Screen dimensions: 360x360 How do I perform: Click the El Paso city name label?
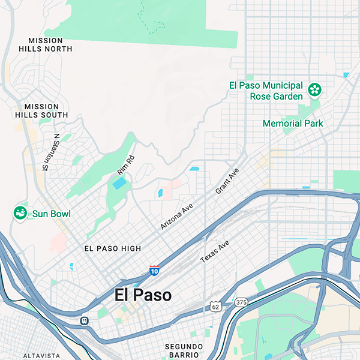click(143, 295)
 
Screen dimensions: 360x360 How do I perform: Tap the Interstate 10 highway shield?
click(155, 271)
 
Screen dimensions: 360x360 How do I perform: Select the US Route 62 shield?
click(216, 307)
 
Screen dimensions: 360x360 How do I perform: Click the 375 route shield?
click(241, 301)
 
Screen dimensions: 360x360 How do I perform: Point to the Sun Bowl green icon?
click(20, 212)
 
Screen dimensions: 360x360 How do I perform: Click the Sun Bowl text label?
click(52, 214)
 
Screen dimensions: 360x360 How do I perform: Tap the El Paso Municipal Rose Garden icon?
click(314, 90)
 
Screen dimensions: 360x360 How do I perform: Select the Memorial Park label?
click(293, 124)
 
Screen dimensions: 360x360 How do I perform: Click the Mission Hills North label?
click(46, 44)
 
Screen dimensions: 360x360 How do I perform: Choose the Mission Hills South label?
click(42, 110)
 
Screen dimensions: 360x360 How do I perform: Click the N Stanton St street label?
click(49, 152)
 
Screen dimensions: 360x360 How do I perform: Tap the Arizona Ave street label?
click(176, 216)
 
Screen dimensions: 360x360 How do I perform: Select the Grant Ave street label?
click(227, 181)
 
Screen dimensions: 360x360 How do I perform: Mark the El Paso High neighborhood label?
click(113, 248)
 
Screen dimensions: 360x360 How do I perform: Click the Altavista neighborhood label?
click(42, 356)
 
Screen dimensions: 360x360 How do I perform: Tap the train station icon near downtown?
click(85, 320)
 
